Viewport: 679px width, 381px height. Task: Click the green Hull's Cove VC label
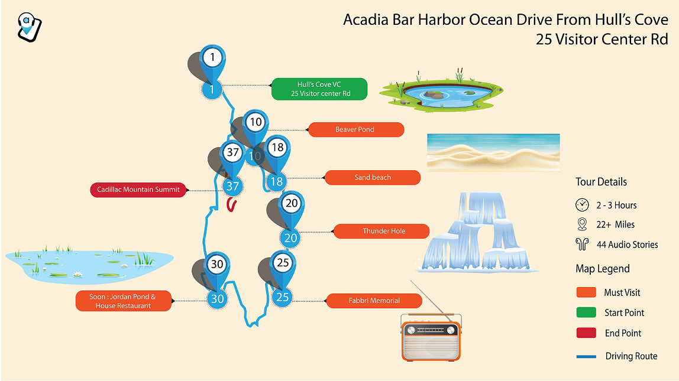(x=319, y=89)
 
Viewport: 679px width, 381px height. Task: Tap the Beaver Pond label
(x=355, y=130)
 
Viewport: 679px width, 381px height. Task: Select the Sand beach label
(x=373, y=178)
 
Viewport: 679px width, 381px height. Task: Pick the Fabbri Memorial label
(x=374, y=301)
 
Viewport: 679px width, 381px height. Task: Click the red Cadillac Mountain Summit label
(x=138, y=190)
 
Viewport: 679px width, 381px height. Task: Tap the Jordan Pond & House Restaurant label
(x=124, y=301)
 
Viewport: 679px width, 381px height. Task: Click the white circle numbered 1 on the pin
(x=212, y=57)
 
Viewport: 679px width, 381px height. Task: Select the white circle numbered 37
(x=233, y=152)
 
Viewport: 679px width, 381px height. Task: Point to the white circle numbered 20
(x=292, y=203)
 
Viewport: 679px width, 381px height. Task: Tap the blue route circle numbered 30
(x=217, y=299)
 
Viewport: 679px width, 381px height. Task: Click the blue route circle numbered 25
(x=282, y=297)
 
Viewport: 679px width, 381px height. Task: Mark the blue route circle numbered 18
(x=276, y=181)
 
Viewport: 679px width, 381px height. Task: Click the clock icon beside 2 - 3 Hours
(x=582, y=205)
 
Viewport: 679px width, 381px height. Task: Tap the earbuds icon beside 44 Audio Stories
(x=582, y=245)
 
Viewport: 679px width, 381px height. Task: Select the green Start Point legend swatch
(x=586, y=312)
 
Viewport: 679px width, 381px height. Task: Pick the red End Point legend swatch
(x=586, y=333)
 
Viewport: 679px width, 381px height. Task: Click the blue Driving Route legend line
(x=586, y=356)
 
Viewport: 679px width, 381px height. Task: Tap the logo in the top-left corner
(x=29, y=27)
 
